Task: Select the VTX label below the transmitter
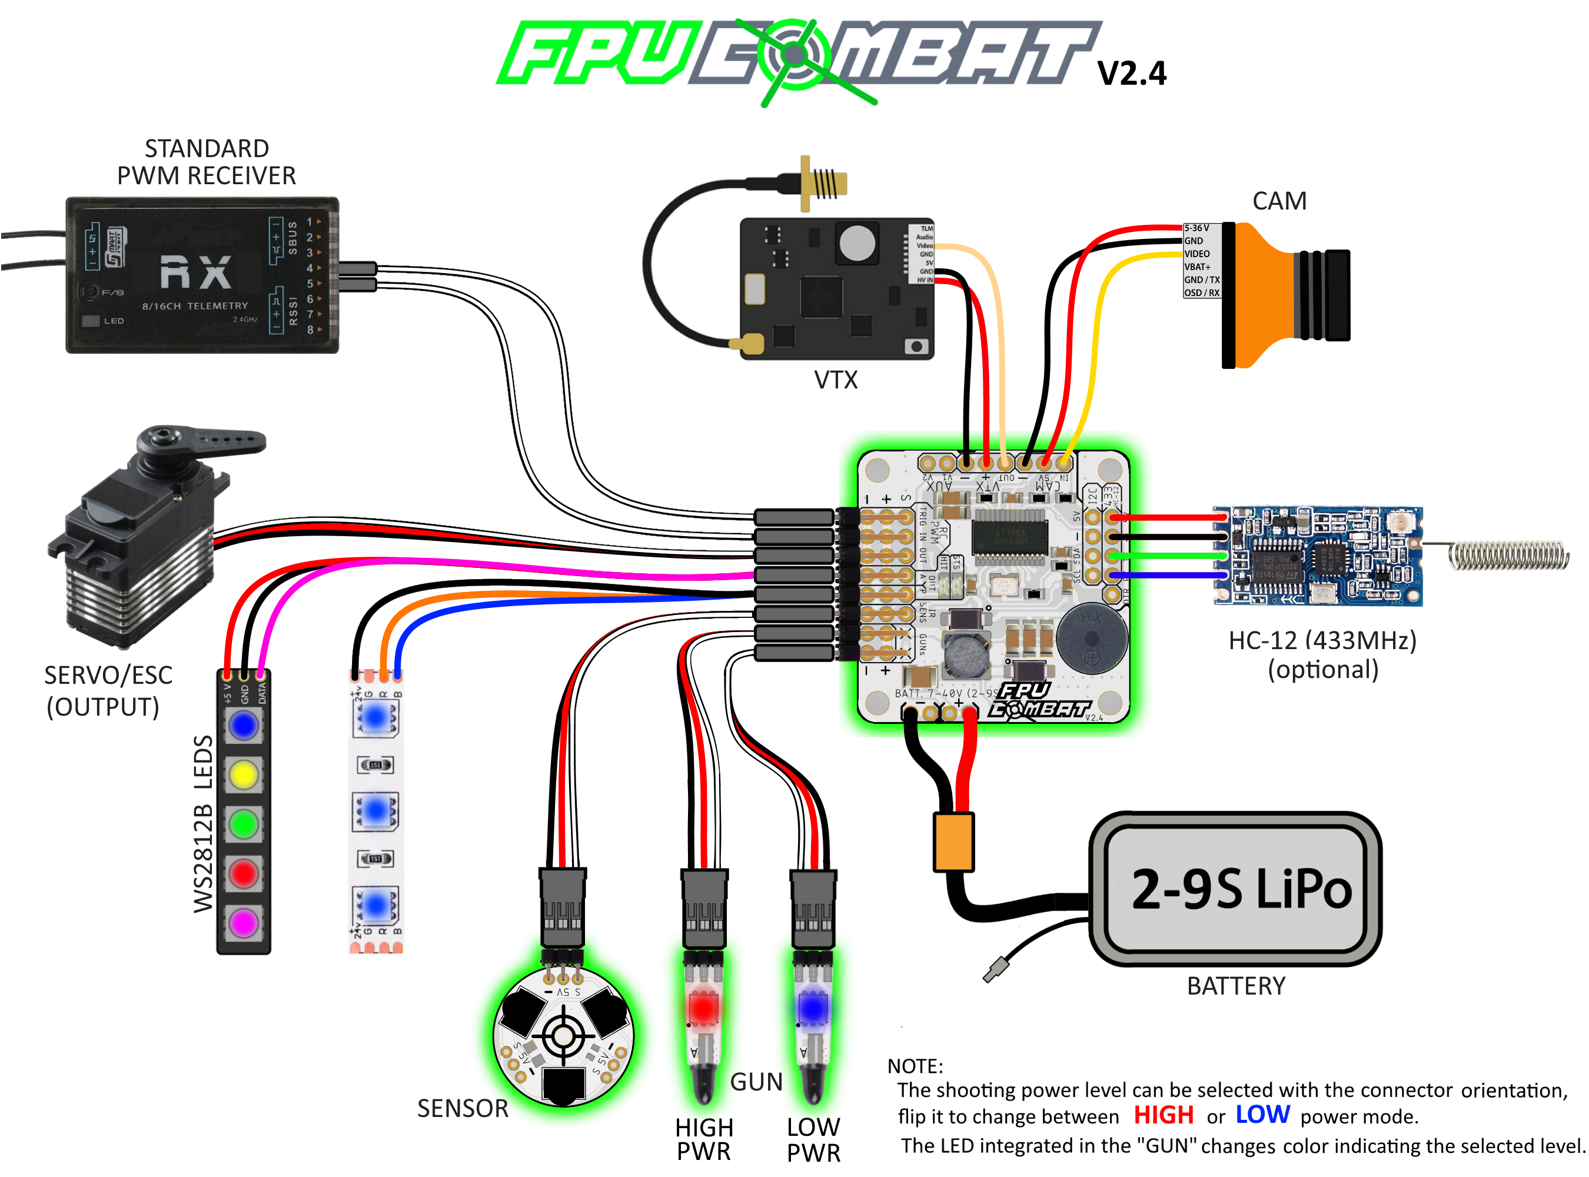(x=836, y=380)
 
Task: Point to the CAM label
(x=1279, y=201)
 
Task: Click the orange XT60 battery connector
(x=953, y=842)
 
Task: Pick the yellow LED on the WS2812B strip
(x=244, y=774)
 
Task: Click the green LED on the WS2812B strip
(x=244, y=824)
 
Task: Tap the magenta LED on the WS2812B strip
(x=244, y=923)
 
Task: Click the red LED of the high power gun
(x=704, y=1008)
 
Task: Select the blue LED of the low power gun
(x=812, y=1008)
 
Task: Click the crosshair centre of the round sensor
(x=563, y=1036)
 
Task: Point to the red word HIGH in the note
(x=1163, y=1115)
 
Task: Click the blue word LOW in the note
(x=1262, y=1115)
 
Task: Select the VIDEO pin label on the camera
(x=1197, y=254)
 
